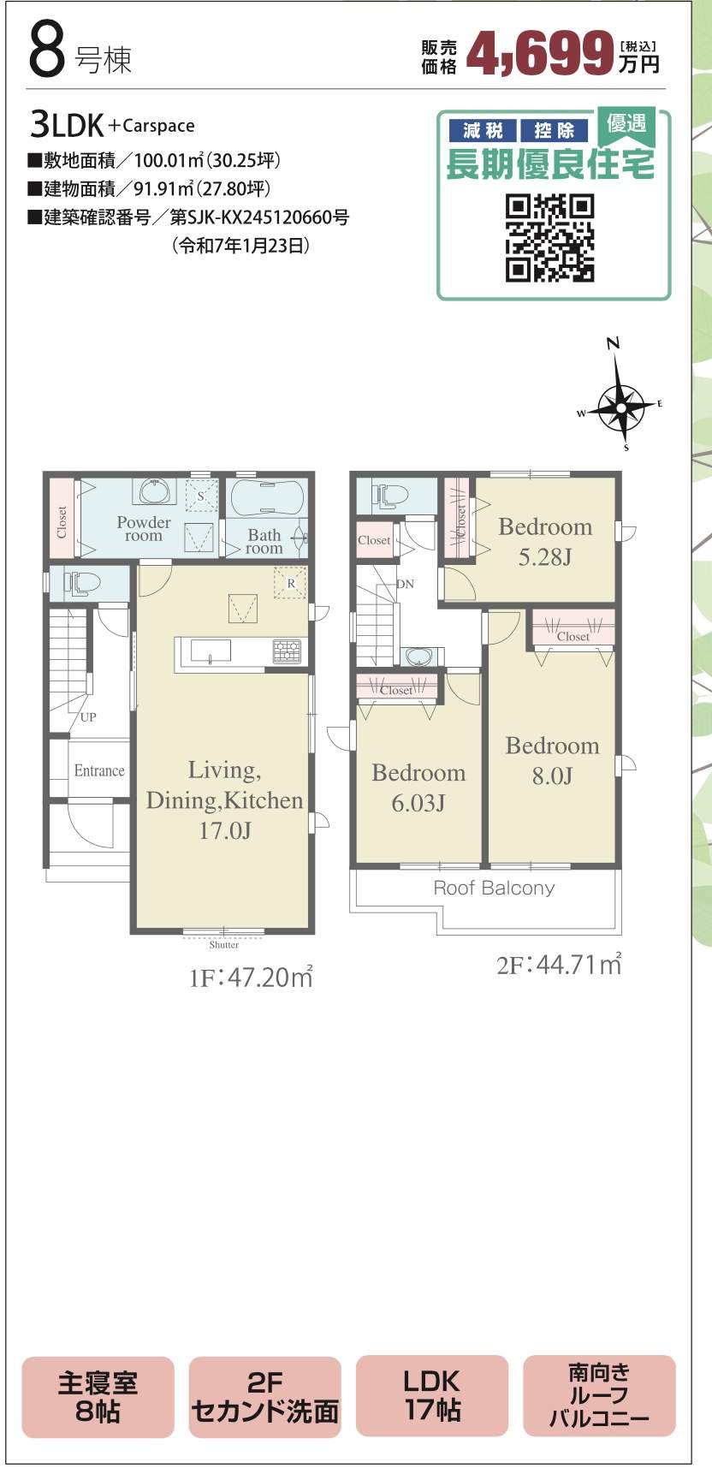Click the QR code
pyautogui.click(x=550, y=238)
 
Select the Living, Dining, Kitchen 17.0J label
pyautogui.click(x=224, y=799)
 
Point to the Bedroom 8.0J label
pyautogui.click(x=552, y=760)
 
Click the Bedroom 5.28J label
pyautogui.click(x=545, y=541)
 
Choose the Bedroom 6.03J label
pyautogui.click(x=418, y=788)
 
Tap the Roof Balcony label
pyautogui.click(x=494, y=888)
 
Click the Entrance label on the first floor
pyautogui.click(x=99, y=770)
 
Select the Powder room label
pyautogui.click(x=144, y=529)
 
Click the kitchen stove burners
pyautogui.click(x=287, y=651)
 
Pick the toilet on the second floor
pyautogui.click(x=390, y=495)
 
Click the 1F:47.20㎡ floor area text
pyautogui.click(x=251, y=977)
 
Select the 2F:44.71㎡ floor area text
pyautogui.click(x=559, y=964)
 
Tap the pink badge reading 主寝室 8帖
pyautogui.click(x=98, y=1397)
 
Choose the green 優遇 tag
pyautogui.click(x=626, y=125)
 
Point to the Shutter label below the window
pyautogui.click(x=224, y=945)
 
